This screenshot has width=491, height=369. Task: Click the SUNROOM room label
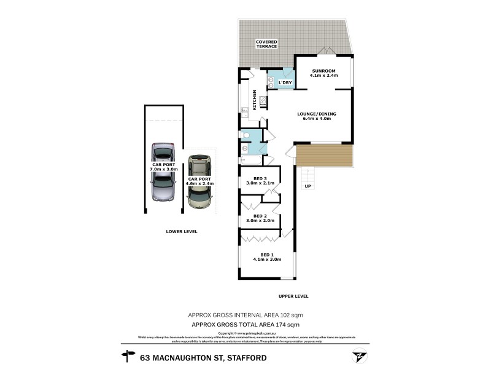[323, 71]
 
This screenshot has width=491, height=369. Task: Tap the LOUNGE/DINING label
[317, 114]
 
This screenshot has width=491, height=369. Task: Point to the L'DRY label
[285, 82]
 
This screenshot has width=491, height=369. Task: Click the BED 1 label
[266, 255]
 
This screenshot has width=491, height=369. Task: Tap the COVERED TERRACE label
[267, 44]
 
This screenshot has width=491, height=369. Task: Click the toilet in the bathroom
[245, 135]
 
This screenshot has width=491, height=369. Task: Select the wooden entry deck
[324, 155]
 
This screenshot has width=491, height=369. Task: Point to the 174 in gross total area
[278, 323]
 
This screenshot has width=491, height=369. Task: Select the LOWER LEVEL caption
[181, 231]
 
